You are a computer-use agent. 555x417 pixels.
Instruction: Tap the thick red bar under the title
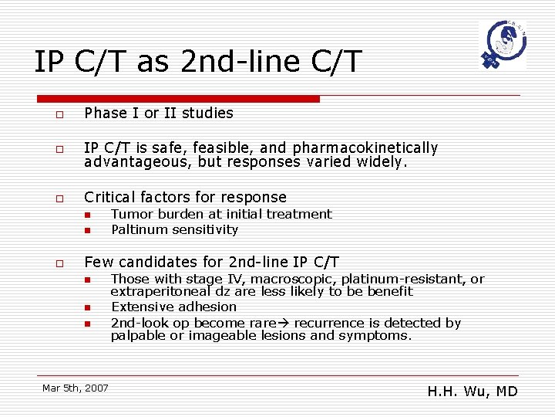click(x=178, y=99)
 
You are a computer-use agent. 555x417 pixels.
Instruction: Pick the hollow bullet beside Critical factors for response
click(x=59, y=199)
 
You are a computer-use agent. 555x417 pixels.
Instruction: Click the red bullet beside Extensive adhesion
click(x=88, y=308)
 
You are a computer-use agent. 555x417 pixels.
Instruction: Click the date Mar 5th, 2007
click(x=76, y=388)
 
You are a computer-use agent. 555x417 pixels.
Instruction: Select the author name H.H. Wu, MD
click(x=472, y=392)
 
